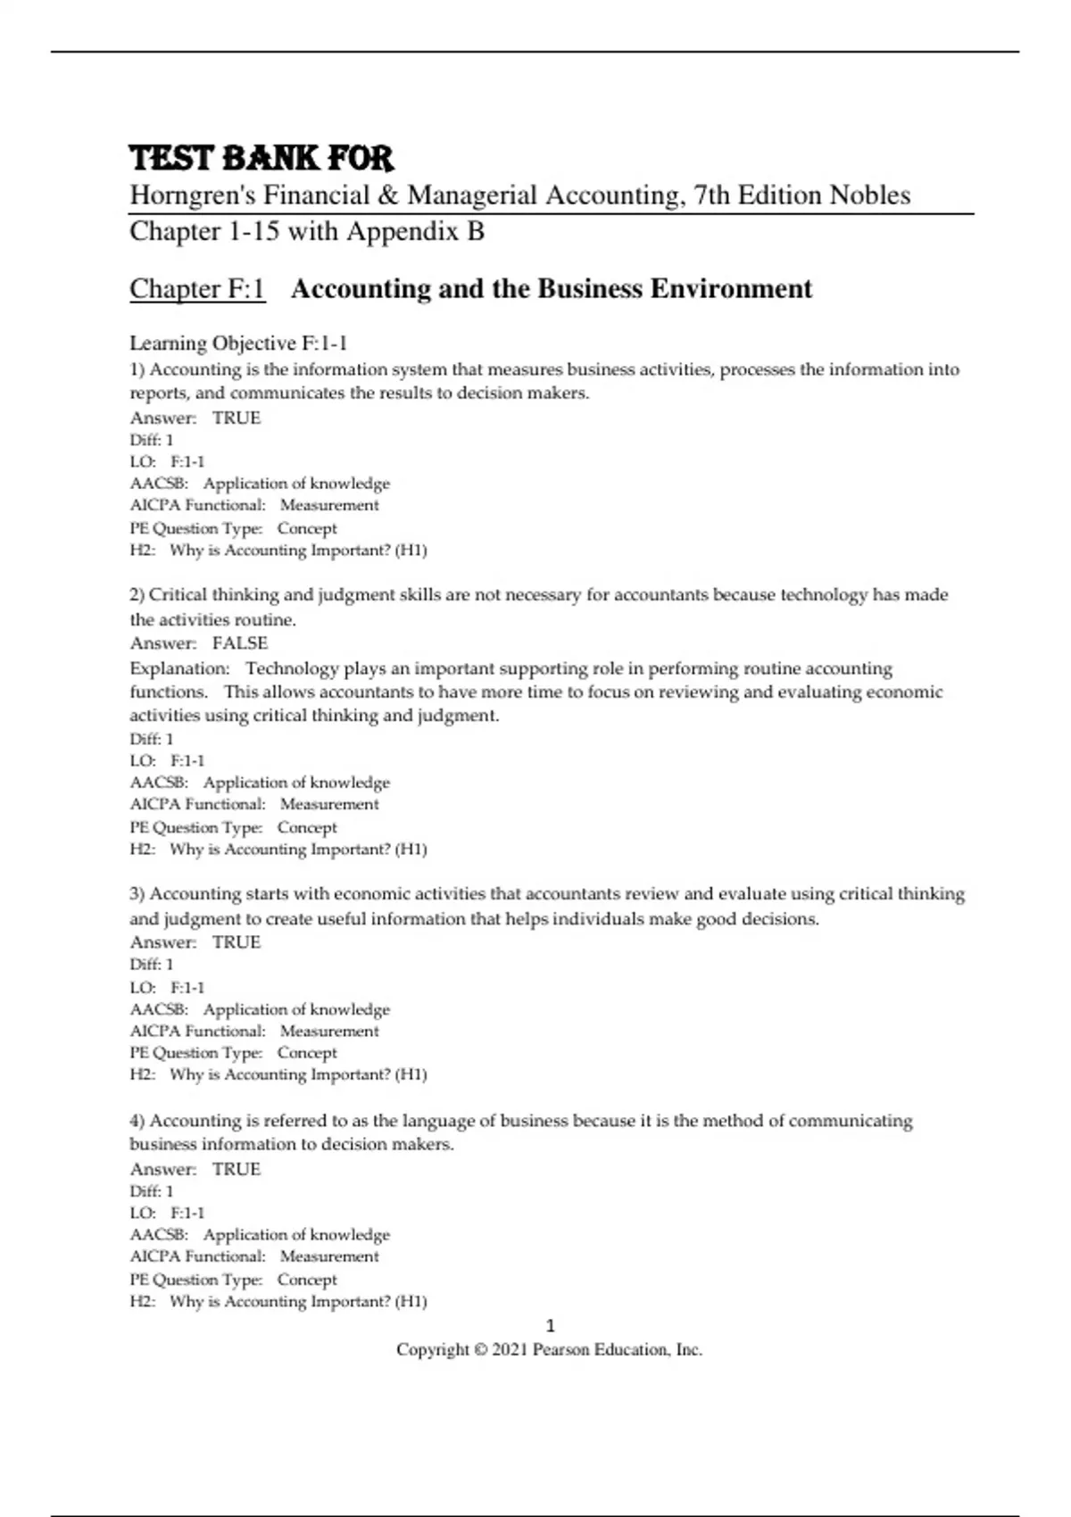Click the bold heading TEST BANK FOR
[x=261, y=159]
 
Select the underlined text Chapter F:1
[x=197, y=289]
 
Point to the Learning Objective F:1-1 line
[x=238, y=344]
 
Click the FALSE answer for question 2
[x=240, y=643]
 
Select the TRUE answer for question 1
[x=237, y=418]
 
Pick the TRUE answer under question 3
[x=237, y=942]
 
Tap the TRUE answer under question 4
[x=237, y=1169]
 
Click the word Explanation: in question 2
[x=179, y=668]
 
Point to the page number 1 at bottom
[x=550, y=1326]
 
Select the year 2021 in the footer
[x=509, y=1350]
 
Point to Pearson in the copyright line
[x=563, y=1350]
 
